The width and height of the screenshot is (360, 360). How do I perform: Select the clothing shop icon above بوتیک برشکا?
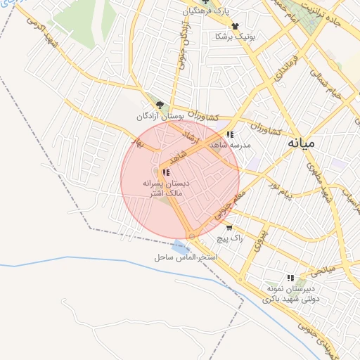pyautogui.click(x=235, y=25)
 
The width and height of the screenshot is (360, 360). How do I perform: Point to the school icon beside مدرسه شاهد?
pyautogui.click(x=230, y=134)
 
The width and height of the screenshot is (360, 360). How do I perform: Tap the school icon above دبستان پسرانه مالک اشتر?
pyautogui.click(x=166, y=172)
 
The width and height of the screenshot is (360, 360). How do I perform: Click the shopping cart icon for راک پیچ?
pyautogui.click(x=229, y=228)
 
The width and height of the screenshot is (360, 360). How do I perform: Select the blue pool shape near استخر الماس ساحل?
pyautogui.click(x=181, y=246)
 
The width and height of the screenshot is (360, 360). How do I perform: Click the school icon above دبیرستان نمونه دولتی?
pyautogui.click(x=290, y=278)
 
